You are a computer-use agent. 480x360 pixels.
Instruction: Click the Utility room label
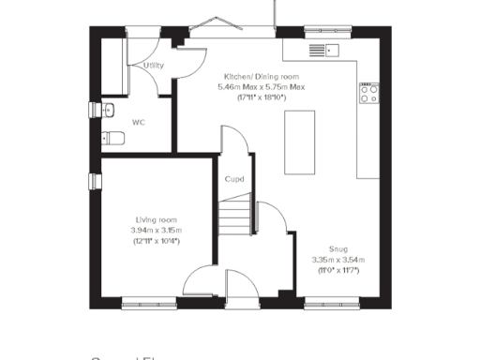[x=154, y=66]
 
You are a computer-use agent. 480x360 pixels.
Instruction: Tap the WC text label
[x=138, y=122]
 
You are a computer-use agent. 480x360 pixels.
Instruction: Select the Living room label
[x=157, y=217]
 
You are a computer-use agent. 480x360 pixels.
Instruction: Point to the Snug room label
[x=337, y=247]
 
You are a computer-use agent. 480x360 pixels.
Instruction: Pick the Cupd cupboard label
[x=234, y=179]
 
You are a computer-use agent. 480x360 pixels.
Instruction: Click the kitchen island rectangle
[x=300, y=142]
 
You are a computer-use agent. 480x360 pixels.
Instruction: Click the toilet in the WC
[x=113, y=138]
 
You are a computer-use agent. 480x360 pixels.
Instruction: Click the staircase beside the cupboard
[x=238, y=216]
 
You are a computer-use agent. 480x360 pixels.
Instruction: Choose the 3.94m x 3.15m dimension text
[x=157, y=230]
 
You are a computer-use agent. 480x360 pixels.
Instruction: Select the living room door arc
[x=202, y=281]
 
